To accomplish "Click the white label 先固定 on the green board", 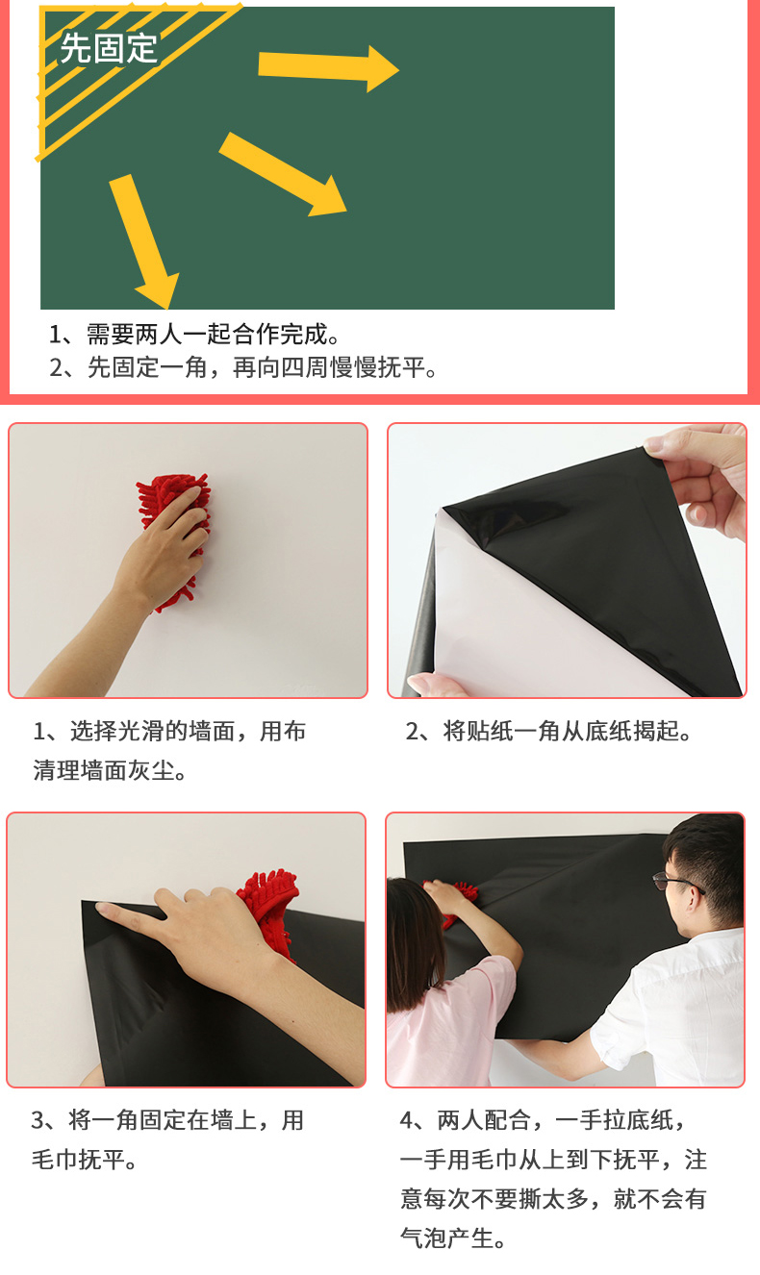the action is pyautogui.click(x=108, y=48).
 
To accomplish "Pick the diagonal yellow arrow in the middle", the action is pyautogui.click(x=283, y=174).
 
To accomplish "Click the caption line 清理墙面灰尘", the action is pyautogui.click(x=110, y=770).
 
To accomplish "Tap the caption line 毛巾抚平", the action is pyautogui.click(x=84, y=1160).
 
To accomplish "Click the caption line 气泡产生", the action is pyautogui.click(x=452, y=1238).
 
